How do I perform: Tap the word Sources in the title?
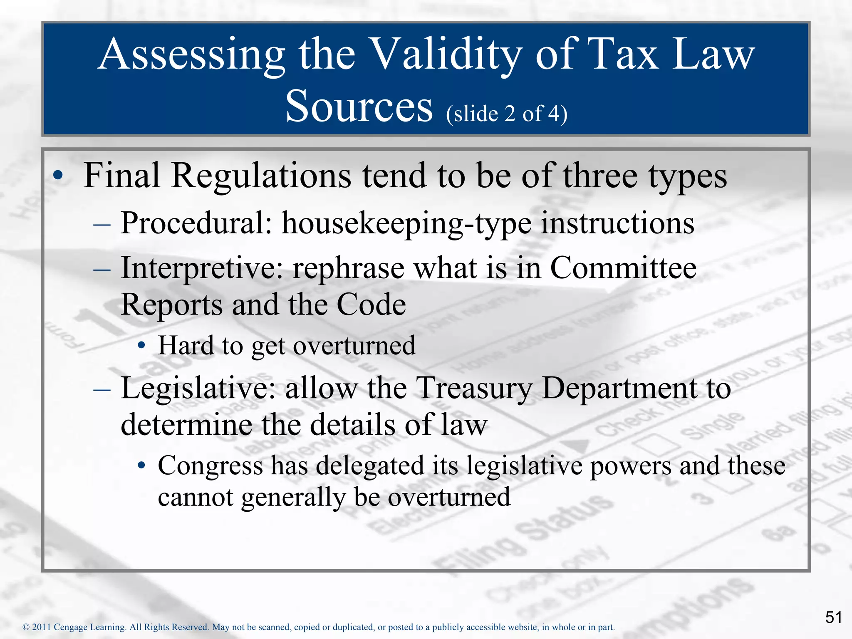point(359,106)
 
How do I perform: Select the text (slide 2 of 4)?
point(506,113)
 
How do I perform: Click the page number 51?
point(834,617)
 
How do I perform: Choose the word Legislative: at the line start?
point(198,388)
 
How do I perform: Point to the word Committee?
point(623,267)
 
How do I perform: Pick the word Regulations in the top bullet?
point(261,176)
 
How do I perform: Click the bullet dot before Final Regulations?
point(58,175)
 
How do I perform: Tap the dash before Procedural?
point(102,225)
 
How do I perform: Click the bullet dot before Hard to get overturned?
point(142,345)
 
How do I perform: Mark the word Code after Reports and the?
point(371,305)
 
